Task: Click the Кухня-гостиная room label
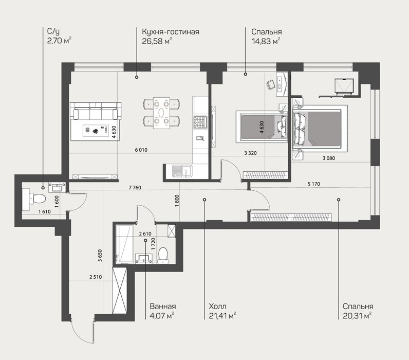(x=170, y=32)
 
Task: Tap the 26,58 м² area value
(x=157, y=41)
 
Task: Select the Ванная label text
(x=163, y=306)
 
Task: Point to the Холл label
(x=217, y=306)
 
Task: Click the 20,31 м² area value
(x=357, y=316)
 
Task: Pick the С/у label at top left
(x=53, y=31)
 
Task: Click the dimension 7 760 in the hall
(x=135, y=187)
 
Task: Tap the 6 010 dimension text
(x=141, y=150)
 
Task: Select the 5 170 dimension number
(x=314, y=184)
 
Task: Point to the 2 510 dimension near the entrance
(x=96, y=277)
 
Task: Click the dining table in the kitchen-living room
(x=161, y=113)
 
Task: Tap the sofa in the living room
(x=96, y=111)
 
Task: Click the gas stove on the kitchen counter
(x=200, y=122)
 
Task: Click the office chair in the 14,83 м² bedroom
(x=270, y=85)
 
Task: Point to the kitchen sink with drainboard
(x=182, y=171)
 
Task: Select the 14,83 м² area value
(x=266, y=41)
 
